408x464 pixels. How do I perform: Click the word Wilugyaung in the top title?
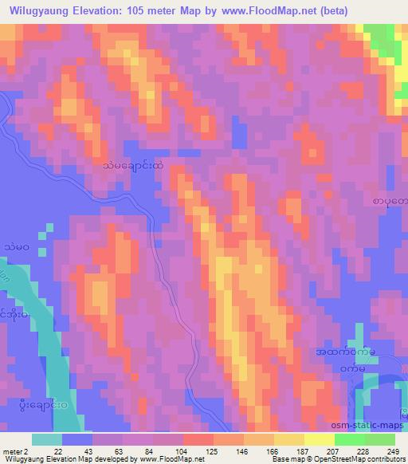[x=39, y=10]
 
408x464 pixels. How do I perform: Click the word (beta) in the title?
[x=382, y=10]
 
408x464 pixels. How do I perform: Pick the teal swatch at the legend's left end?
[x=47, y=438]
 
